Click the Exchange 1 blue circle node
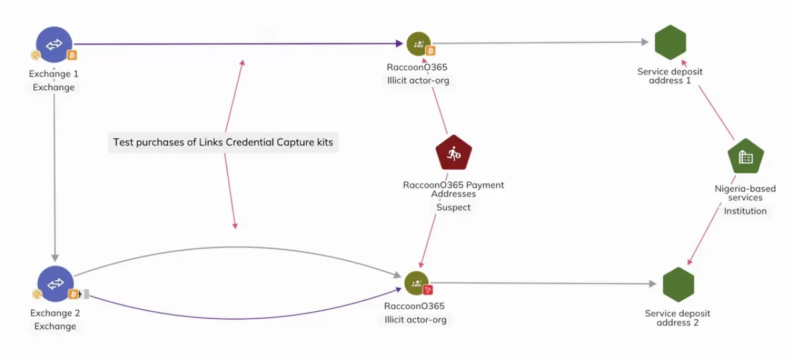54,45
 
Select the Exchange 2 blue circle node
56,284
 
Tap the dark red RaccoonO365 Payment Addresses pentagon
454,153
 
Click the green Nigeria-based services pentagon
746,157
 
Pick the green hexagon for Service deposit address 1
670,43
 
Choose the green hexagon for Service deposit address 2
678,285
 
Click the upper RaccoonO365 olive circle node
418,43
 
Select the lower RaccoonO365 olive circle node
416,283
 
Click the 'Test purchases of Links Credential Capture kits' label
223,142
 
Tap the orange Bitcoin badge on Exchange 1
72,55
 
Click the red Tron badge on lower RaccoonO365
428,289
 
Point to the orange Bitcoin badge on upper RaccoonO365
430,51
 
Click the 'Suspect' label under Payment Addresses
454,208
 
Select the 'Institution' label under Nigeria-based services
745,212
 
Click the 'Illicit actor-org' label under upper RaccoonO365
418,81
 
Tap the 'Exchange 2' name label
55,313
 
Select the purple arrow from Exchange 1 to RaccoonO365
235,44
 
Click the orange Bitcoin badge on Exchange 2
72,294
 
